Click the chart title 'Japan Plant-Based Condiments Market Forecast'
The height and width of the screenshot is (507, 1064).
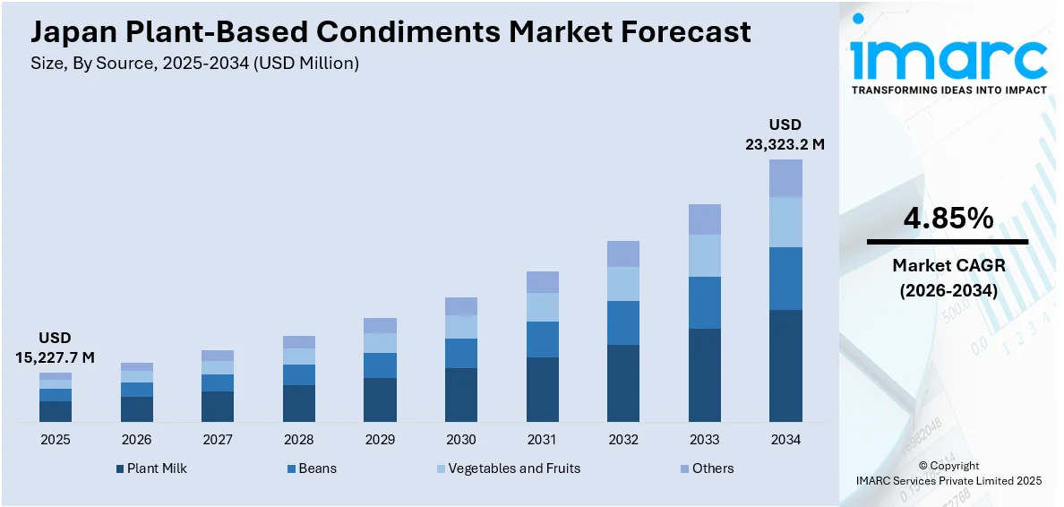(x=390, y=32)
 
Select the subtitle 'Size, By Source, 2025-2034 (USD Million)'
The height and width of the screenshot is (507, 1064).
(x=194, y=64)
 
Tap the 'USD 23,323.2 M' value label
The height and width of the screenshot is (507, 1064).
(x=785, y=133)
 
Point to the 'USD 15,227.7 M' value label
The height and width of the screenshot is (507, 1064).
(x=55, y=348)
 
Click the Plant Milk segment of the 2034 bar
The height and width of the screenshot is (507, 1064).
(x=785, y=365)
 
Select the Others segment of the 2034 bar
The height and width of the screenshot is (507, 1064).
(x=785, y=178)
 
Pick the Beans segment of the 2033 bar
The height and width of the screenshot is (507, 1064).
(x=704, y=303)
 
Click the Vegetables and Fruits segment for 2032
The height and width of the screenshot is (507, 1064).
(x=623, y=284)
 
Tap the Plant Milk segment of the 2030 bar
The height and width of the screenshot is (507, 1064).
(x=460, y=394)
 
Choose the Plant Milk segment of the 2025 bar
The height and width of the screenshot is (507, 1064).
(x=55, y=411)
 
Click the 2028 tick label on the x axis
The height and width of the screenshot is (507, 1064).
(x=298, y=440)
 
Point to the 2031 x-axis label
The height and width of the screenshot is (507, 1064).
(x=542, y=440)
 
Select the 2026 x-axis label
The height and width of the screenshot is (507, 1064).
(x=136, y=440)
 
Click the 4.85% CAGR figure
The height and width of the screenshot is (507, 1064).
(x=948, y=218)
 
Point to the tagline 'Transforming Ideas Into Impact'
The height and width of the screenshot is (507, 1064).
(x=948, y=90)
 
